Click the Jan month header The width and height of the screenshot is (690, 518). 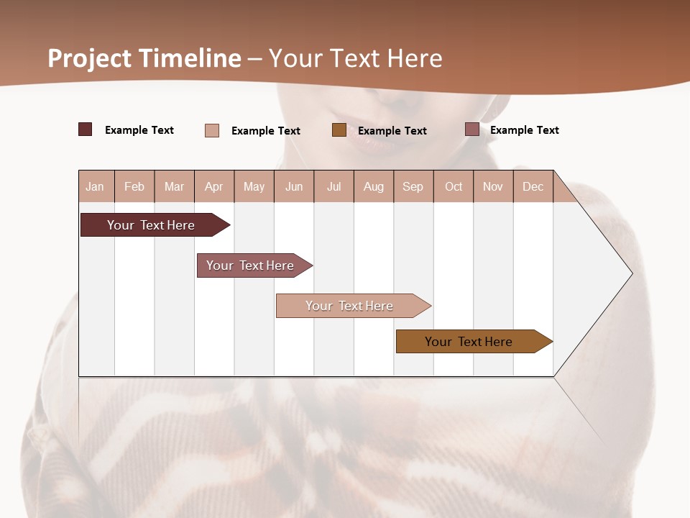pos(96,186)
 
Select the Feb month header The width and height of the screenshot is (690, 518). pos(134,186)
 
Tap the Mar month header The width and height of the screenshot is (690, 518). pos(174,186)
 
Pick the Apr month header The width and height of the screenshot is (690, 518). pos(214,186)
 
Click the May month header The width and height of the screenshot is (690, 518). pos(254,186)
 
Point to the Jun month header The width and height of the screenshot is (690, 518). pos(294,186)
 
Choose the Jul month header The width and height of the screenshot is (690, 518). pos(333,186)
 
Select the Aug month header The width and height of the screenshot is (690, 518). pos(374,186)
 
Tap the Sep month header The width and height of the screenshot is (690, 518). pos(413,186)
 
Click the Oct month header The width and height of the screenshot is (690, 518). pos(454,186)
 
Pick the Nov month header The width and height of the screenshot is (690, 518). pos(493,186)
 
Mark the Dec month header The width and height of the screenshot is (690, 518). pos(533,186)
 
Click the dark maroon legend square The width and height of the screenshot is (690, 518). pos(86,129)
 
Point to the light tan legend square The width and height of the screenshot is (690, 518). pos(212,130)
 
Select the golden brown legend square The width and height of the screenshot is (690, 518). pos(339,129)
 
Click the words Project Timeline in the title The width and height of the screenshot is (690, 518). pos(144,58)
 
